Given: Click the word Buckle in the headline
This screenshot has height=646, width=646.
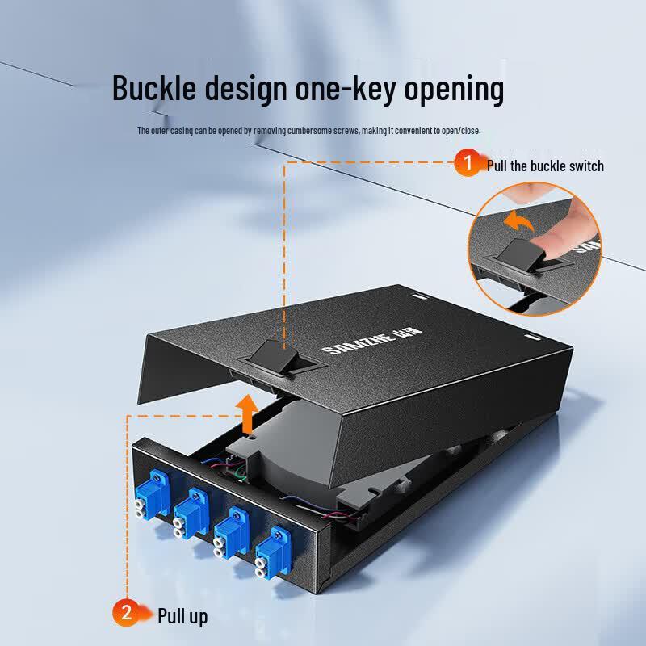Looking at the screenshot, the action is click(x=154, y=88).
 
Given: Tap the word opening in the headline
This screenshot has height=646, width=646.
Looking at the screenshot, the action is click(x=454, y=90).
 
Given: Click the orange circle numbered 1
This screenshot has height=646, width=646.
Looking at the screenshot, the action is click(x=468, y=162).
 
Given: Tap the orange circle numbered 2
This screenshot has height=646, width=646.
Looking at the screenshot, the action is click(x=126, y=613).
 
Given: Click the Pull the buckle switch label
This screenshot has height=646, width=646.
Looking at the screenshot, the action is click(x=545, y=166).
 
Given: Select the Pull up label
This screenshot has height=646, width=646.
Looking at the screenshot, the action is click(x=182, y=617).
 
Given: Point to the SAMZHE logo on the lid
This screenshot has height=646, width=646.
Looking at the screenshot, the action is click(x=372, y=342).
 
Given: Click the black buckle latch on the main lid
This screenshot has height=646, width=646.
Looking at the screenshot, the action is click(x=275, y=357).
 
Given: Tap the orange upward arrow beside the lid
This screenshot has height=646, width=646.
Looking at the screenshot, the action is click(x=247, y=413).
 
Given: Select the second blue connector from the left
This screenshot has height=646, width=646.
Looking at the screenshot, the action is click(x=191, y=514).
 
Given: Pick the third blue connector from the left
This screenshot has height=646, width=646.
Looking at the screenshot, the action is click(x=231, y=532).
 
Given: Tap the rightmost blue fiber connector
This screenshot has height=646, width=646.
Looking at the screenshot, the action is click(x=273, y=552).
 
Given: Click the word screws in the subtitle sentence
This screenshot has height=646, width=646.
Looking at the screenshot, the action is click(x=346, y=131).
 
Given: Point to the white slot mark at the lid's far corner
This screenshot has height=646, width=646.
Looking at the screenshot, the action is click(x=417, y=296).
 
